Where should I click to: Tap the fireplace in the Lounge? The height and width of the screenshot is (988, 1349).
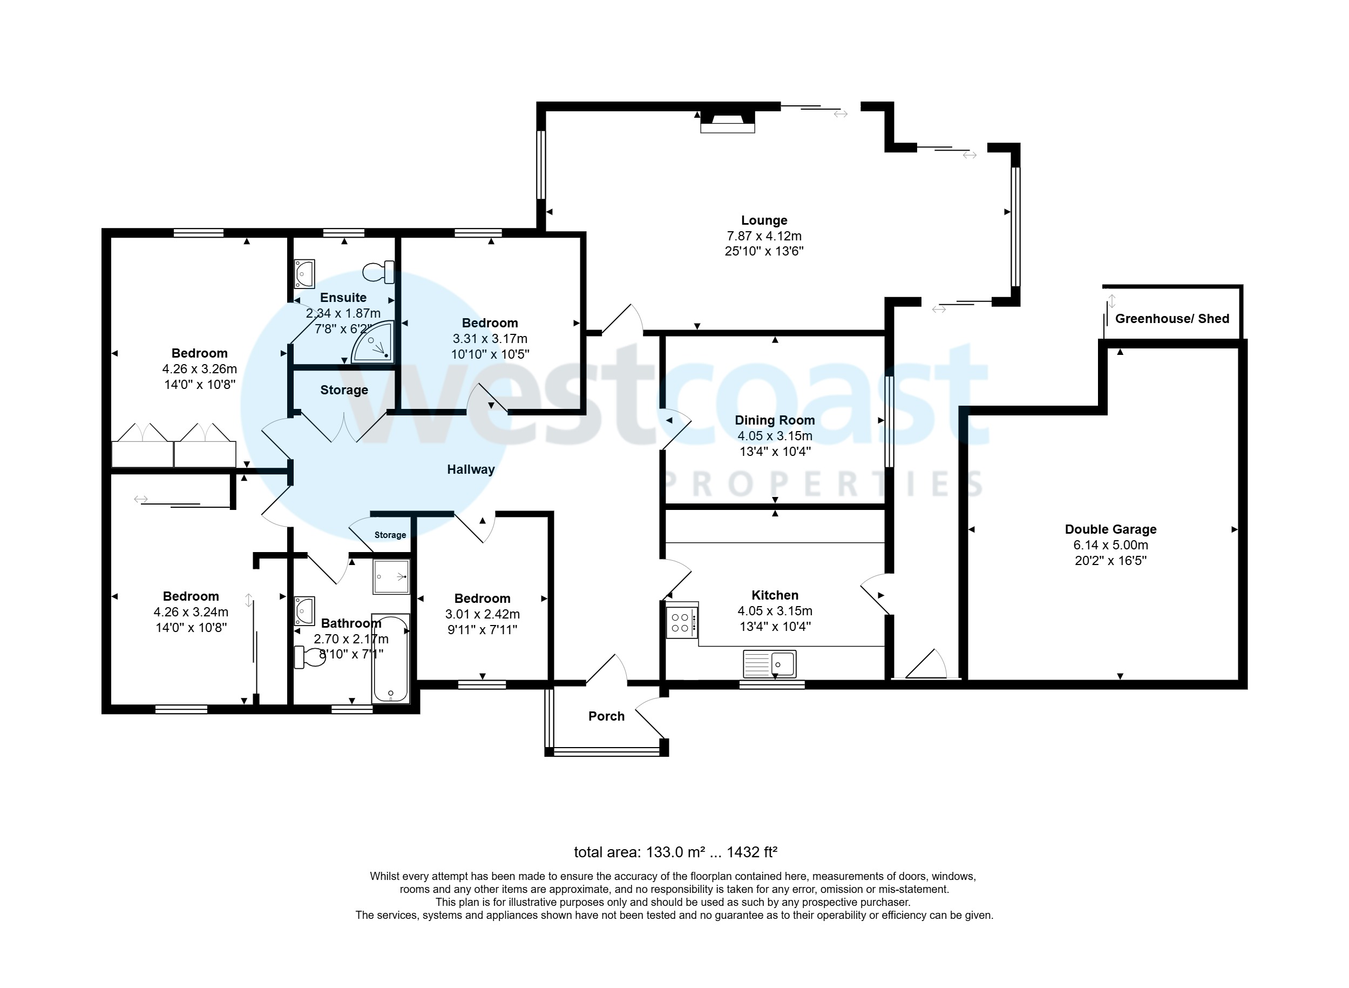point(727,123)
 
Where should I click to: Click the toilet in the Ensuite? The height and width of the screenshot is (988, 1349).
point(379,272)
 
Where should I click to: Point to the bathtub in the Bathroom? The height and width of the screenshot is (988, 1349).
point(390,658)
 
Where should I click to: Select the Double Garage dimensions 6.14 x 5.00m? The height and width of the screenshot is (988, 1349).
point(1110,545)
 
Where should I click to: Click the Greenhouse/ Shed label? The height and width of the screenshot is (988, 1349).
point(1171,319)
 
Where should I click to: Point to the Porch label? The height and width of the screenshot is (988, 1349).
point(606,716)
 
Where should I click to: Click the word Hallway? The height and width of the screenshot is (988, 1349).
point(470,469)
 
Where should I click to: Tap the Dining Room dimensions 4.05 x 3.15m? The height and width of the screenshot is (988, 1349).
point(774,436)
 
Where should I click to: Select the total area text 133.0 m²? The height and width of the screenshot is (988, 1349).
point(675,852)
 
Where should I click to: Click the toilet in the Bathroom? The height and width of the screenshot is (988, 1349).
point(310,657)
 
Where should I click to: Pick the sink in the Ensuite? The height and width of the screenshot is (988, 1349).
point(304,274)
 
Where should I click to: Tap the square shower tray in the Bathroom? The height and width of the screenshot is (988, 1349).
point(391,576)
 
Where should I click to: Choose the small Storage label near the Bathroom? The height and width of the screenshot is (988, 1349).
point(390,535)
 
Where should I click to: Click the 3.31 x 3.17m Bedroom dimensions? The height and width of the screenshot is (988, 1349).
point(490,339)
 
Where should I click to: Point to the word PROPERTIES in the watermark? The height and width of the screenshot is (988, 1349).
point(822,485)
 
